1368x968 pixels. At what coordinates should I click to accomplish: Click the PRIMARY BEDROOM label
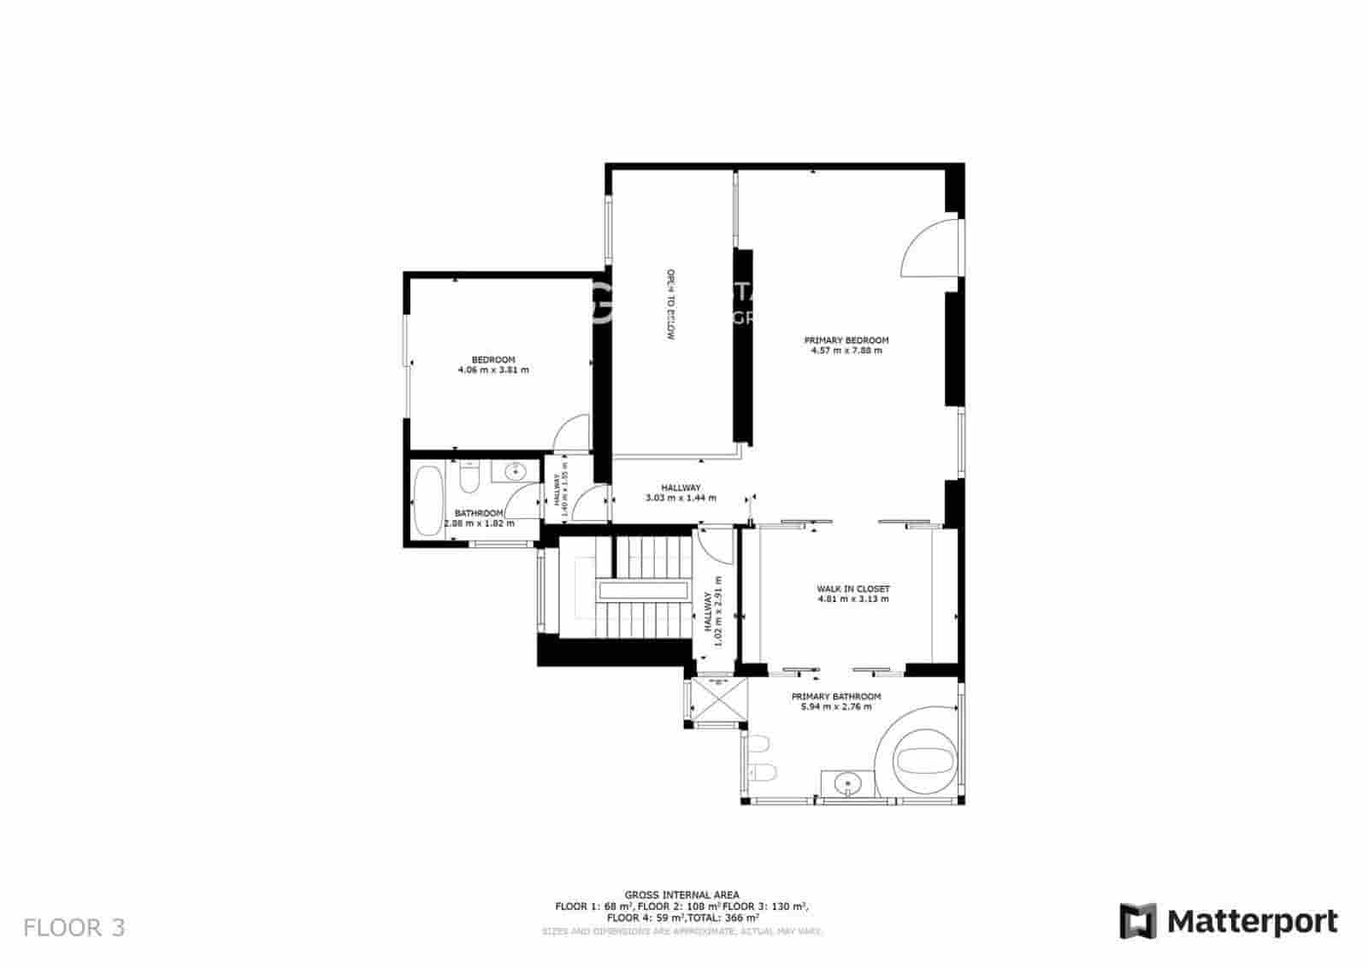[x=846, y=340]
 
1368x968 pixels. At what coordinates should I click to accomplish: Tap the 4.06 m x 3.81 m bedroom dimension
[x=493, y=370]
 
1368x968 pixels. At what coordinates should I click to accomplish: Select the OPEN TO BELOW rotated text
[x=671, y=305]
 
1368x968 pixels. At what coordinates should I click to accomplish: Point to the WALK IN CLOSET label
[x=853, y=588]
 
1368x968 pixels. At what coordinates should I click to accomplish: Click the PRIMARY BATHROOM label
[x=835, y=696]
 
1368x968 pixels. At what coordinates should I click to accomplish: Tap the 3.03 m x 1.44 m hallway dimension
[x=681, y=498]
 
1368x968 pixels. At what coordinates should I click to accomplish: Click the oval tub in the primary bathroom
[x=925, y=760]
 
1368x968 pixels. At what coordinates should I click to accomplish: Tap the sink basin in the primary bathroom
[x=848, y=781]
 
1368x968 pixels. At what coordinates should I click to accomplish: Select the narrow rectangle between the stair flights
[x=644, y=590]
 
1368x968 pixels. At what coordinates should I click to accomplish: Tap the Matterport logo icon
[x=1138, y=921]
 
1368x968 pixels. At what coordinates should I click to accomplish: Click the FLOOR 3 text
[x=74, y=927]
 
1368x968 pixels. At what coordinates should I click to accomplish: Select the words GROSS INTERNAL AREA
[x=682, y=895]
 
